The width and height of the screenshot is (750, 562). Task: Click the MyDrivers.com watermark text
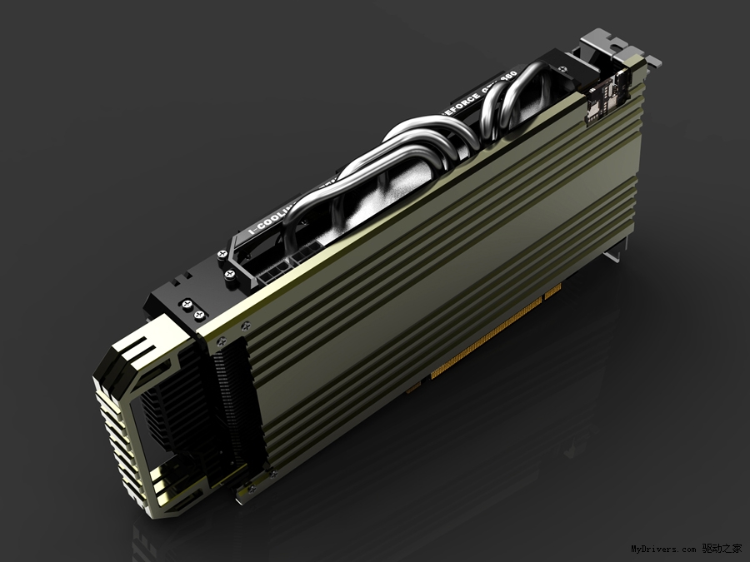pyautogui.click(x=662, y=550)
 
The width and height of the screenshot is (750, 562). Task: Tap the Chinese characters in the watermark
pyautogui.click(x=722, y=549)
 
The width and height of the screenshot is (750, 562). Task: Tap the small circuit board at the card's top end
pyautogui.click(x=604, y=98)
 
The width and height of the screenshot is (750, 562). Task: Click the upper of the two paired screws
pyautogui.click(x=185, y=305)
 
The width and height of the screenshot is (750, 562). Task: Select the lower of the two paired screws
pyautogui.click(x=198, y=316)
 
